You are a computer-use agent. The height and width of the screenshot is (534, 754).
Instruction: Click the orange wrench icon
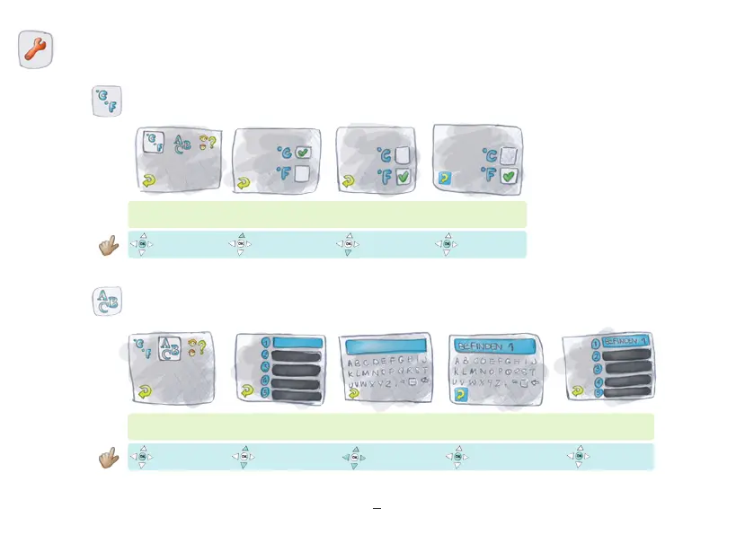(36, 50)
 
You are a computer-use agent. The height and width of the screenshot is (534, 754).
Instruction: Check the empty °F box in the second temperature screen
(303, 172)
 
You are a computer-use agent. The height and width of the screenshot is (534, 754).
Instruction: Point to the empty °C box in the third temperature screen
(402, 155)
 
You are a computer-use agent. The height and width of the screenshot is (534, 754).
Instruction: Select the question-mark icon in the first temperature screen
(208, 143)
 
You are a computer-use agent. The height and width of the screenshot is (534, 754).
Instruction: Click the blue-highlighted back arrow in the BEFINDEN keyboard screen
(462, 393)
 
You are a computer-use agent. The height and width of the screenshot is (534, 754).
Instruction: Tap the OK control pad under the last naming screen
(579, 456)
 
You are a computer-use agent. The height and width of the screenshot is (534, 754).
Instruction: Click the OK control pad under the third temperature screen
(347, 244)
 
